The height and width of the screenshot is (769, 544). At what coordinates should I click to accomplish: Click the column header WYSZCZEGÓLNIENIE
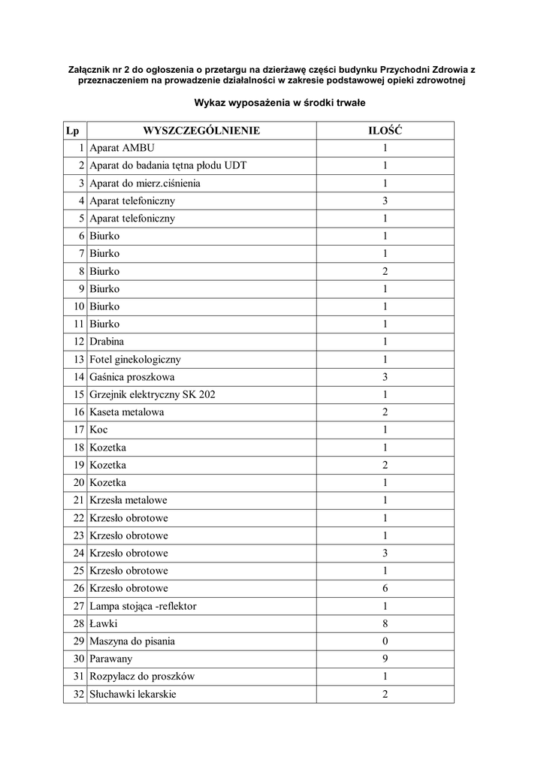pyautogui.click(x=201, y=131)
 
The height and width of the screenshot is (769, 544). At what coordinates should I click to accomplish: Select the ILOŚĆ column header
pyautogui.click(x=385, y=131)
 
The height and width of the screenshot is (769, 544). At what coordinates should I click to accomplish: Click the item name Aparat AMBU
pyautogui.click(x=122, y=148)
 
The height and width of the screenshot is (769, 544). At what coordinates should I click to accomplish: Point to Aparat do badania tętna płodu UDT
pyautogui.click(x=168, y=165)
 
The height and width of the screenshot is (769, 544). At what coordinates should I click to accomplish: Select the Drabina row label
pyautogui.click(x=107, y=342)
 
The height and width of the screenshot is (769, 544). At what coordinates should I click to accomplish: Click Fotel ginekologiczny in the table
pyautogui.click(x=135, y=360)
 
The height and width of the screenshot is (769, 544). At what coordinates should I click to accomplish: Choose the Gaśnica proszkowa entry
pyautogui.click(x=131, y=377)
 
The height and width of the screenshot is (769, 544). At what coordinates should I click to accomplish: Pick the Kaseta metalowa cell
pyautogui.click(x=126, y=412)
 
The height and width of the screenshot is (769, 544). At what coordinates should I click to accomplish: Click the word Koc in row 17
pyautogui.click(x=98, y=430)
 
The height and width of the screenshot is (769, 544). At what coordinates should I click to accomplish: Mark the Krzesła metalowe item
pyautogui.click(x=128, y=500)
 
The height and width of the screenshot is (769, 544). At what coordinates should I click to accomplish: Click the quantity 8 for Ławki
pyautogui.click(x=385, y=623)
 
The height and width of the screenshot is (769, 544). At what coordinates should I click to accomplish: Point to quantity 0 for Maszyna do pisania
pyautogui.click(x=385, y=641)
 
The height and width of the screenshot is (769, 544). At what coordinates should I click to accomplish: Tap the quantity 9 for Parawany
pyautogui.click(x=385, y=659)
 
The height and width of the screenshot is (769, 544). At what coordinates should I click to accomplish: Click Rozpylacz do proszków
pyautogui.click(x=142, y=677)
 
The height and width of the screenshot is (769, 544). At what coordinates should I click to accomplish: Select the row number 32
pyautogui.click(x=78, y=694)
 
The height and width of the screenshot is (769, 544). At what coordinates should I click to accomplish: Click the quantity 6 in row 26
pyautogui.click(x=385, y=588)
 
